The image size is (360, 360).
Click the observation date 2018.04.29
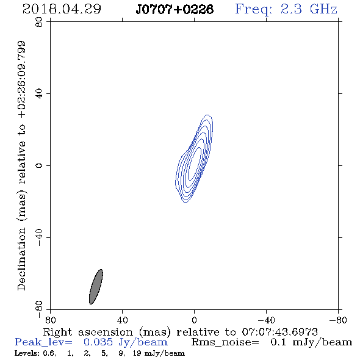[62, 9]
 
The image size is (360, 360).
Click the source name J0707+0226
[175, 9]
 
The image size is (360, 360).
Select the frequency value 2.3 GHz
[308, 9]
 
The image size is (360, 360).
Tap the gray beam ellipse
[96, 287]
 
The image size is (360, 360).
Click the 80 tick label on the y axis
[39, 22]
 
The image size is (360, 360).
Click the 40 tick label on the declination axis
[39, 94]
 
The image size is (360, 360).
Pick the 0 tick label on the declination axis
[39, 165]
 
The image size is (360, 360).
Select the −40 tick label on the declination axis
[39, 238]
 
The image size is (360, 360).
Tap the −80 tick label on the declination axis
[39, 310]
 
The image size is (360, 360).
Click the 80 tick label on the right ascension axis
[50, 320]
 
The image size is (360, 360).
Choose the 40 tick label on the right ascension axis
[123, 320]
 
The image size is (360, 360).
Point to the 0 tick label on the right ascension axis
[194, 320]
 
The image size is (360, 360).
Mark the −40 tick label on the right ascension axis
[267, 320]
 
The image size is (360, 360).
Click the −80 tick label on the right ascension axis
[338, 320]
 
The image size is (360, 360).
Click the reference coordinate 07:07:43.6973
[279, 332]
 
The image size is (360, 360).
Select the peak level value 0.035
[98, 342]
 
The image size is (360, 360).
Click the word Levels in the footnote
[26, 353]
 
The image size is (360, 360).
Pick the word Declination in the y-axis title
[21, 259]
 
